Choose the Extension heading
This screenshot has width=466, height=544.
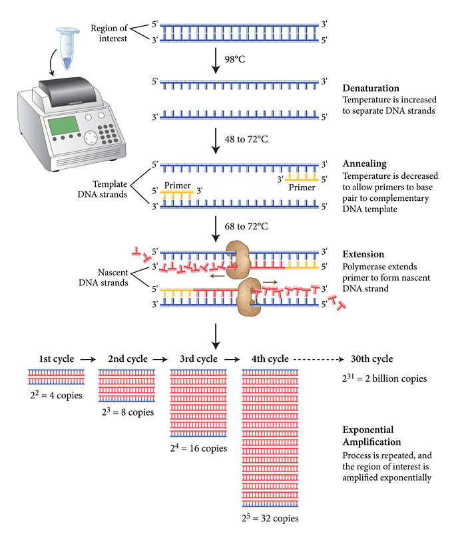[x=363, y=255]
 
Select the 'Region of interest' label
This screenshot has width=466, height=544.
[x=108, y=33]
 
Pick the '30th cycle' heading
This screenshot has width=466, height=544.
[x=372, y=359]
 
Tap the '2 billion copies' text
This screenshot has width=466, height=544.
[x=383, y=379]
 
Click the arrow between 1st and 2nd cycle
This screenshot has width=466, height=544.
[x=87, y=359]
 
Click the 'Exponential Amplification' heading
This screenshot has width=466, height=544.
[x=371, y=436]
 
